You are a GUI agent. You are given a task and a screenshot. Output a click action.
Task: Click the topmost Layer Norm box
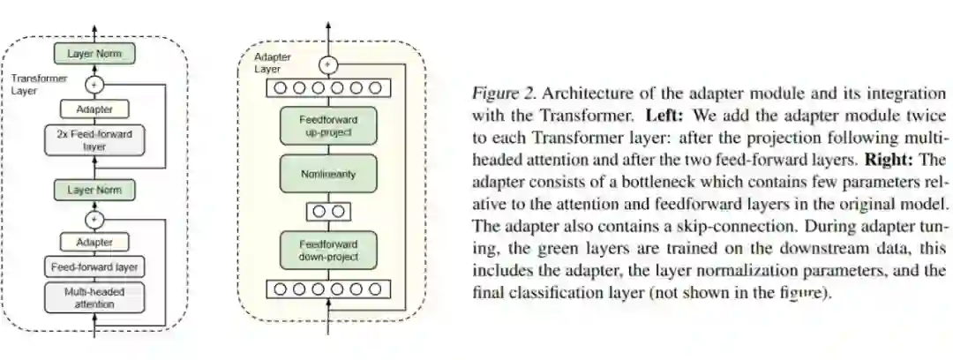pyautogui.click(x=94, y=54)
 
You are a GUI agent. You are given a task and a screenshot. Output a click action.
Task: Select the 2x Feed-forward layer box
pyautogui.click(x=94, y=140)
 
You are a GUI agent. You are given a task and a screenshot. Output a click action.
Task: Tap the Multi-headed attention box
pyautogui.click(x=94, y=297)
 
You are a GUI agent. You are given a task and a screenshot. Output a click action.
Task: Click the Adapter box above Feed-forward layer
pyautogui.click(x=94, y=240)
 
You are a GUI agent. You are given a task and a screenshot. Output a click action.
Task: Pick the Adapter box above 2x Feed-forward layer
pyautogui.click(x=94, y=110)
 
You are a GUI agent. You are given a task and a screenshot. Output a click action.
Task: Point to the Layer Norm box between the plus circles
pyautogui.click(x=94, y=190)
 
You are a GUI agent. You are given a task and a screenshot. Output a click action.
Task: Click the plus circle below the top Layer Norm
pyautogui.click(x=94, y=84)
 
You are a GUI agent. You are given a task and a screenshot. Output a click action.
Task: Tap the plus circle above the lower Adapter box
pyautogui.click(x=94, y=217)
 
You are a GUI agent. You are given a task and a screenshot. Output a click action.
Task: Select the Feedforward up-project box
pyautogui.click(x=328, y=126)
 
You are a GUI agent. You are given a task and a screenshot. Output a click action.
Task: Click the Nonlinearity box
pyautogui.click(x=328, y=174)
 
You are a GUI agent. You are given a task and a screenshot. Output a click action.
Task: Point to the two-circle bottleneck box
pyautogui.click(x=328, y=212)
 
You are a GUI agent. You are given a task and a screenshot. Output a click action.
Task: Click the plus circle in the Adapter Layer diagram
pyautogui.click(x=328, y=64)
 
